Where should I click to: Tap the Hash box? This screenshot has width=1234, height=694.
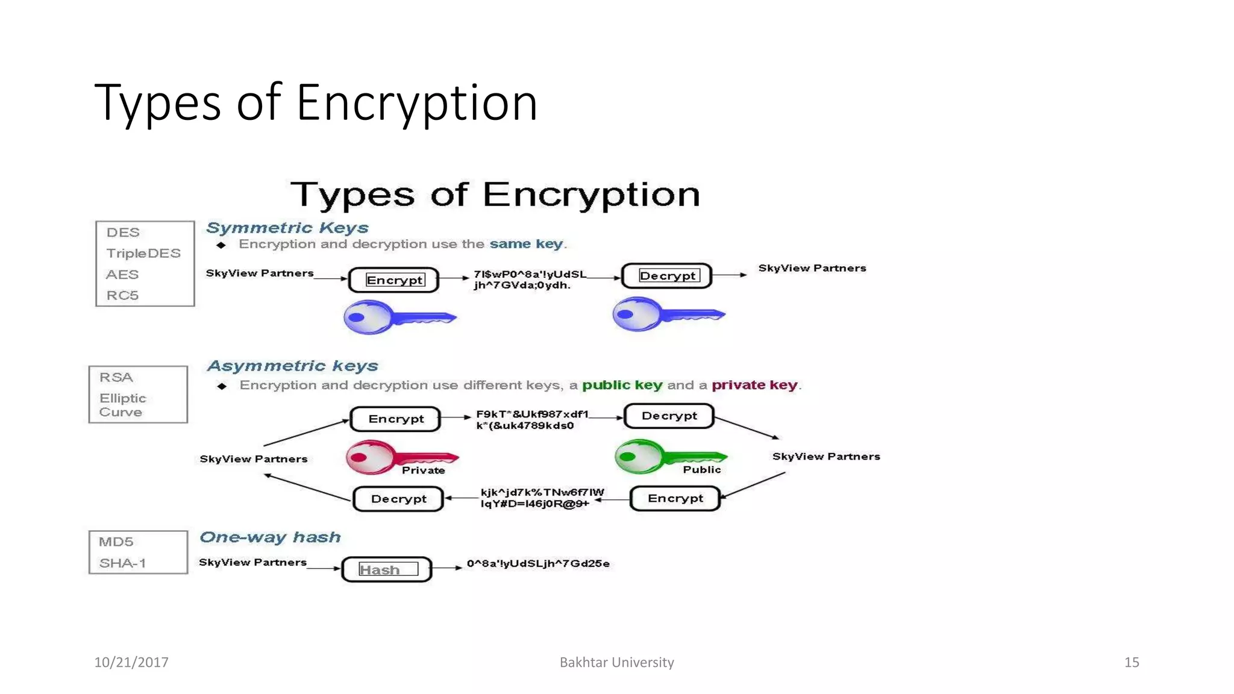tap(387, 569)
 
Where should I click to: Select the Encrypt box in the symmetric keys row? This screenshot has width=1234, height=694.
tap(394, 280)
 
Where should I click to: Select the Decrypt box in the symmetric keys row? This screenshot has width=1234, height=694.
tap(667, 276)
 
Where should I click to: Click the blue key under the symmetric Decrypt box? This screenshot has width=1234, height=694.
tap(667, 314)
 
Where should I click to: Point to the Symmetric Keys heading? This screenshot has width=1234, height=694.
tap(287, 228)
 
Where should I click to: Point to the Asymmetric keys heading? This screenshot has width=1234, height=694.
tap(292, 366)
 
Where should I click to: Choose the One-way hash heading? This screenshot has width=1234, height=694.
tap(270, 537)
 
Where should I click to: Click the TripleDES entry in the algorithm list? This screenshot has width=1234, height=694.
tap(143, 254)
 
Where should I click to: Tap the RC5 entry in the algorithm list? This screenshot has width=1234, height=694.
tap(122, 295)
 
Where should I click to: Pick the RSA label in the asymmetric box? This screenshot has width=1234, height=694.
tap(116, 377)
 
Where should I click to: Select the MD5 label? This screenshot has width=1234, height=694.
tap(116, 542)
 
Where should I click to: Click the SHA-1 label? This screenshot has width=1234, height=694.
tap(122, 563)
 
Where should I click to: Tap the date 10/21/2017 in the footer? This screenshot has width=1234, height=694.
tap(131, 662)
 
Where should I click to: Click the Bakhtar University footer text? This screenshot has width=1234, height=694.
tap(616, 662)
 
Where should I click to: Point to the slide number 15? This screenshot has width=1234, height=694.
tap(1131, 662)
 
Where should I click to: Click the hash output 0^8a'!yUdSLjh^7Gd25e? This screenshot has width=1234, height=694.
tap(538, 564)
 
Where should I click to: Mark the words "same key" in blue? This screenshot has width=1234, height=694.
tap(526, 244)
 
